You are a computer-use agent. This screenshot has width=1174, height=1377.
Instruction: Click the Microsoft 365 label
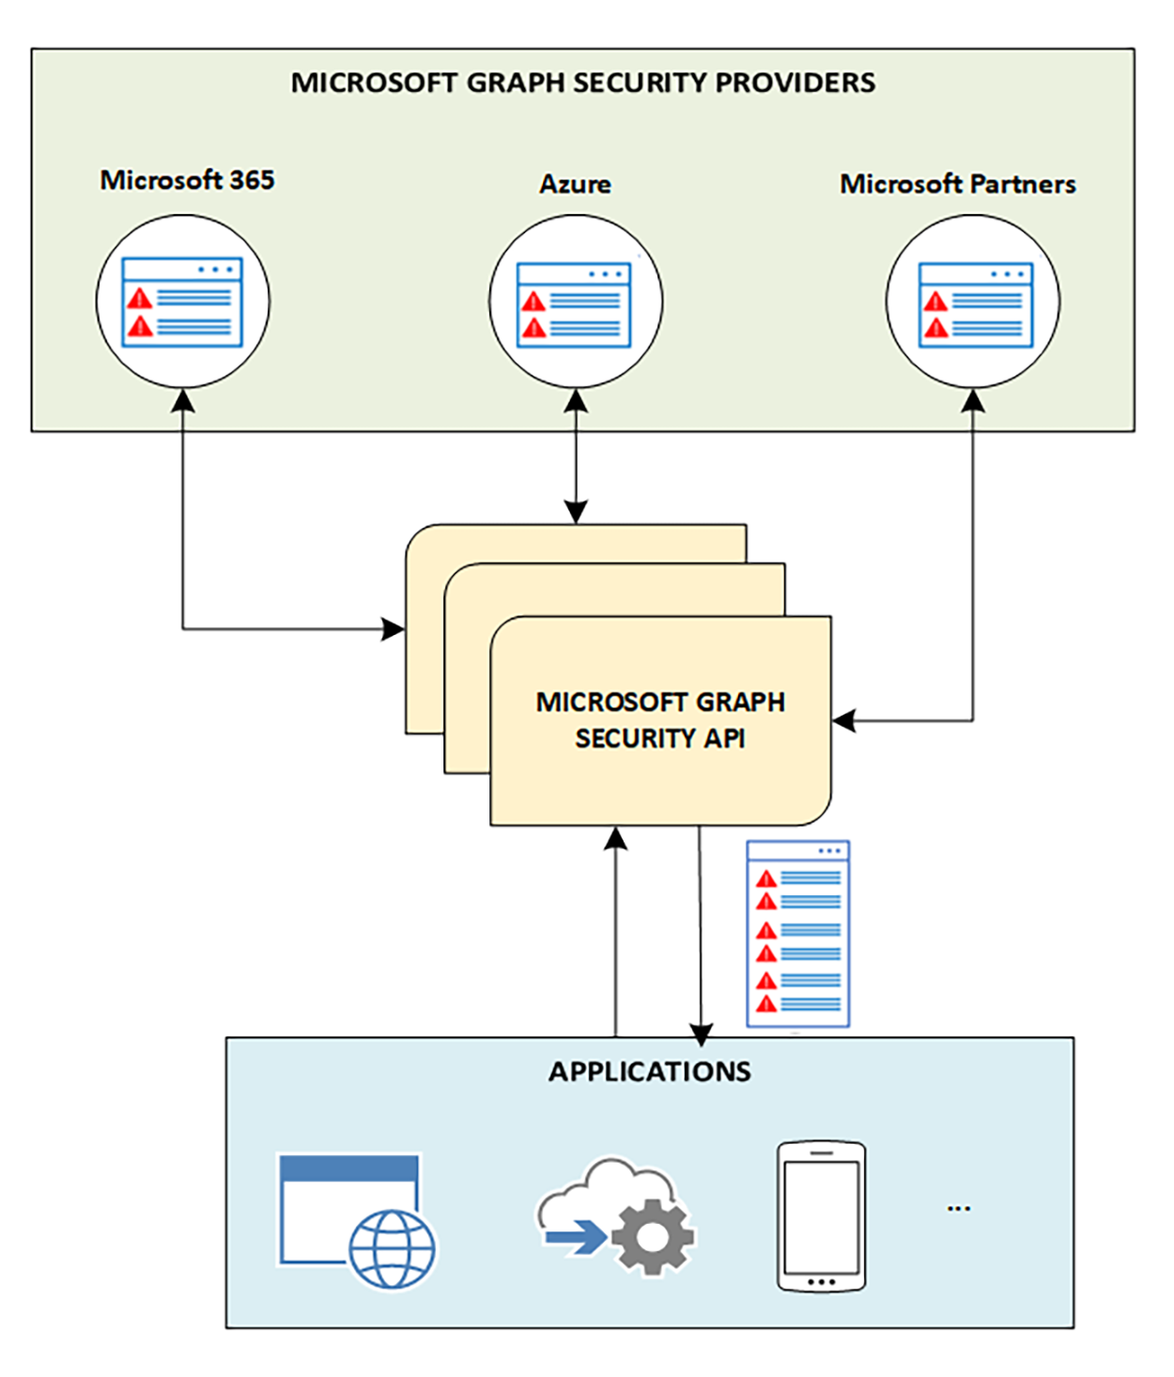point(187,179)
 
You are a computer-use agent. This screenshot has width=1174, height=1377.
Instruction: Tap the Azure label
point(575,184)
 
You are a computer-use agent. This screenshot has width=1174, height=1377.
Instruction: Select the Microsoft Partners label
point(957,184)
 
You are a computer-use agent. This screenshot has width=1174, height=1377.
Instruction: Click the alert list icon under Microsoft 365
point(182,302)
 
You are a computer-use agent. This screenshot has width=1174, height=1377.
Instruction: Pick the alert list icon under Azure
point(575,304)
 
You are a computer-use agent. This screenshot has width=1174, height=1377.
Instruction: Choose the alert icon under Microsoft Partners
point(975,304)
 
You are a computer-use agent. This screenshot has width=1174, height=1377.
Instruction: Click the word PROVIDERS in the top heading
point(795,83)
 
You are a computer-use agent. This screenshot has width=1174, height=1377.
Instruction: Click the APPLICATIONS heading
point(650,1072)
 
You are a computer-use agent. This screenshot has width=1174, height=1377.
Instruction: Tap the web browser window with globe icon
point(355,1220)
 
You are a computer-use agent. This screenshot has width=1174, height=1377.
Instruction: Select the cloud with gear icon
point(615,1216)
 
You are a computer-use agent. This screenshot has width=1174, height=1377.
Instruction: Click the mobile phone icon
point(821,1217)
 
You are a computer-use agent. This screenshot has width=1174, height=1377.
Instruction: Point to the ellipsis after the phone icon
point(958,1209)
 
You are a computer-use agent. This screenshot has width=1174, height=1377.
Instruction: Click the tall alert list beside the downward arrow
point(797,934)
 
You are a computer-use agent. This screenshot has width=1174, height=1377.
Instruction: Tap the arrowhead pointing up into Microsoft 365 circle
point(183,401)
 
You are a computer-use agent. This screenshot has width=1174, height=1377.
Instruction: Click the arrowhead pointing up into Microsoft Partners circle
point(974,401)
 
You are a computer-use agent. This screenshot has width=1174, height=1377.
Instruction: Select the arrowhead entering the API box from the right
point(843,721)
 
